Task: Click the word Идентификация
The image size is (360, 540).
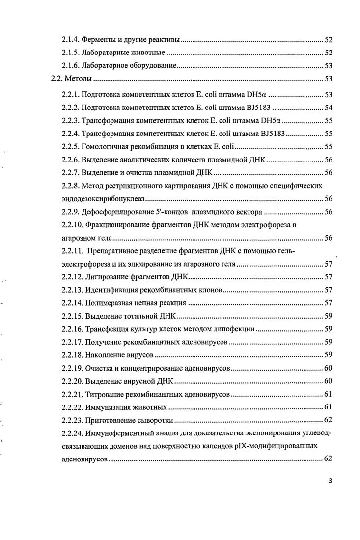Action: coord(111,290)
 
